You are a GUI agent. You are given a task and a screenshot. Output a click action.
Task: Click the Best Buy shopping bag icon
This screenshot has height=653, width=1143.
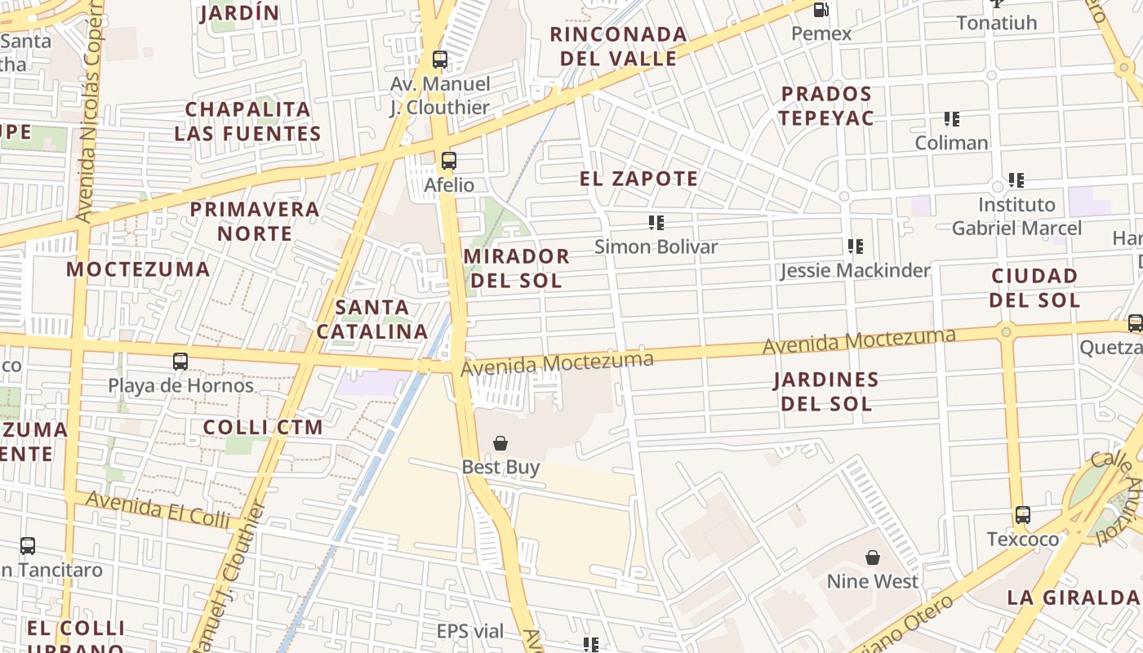500,443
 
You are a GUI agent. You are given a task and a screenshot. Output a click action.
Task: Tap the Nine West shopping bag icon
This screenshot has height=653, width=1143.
873,557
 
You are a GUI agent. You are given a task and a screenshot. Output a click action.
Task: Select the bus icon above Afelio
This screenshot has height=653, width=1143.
448,161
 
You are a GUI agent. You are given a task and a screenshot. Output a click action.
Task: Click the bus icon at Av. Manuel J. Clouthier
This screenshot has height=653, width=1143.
440,60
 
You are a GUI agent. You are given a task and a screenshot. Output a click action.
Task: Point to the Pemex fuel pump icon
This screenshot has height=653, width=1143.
821,10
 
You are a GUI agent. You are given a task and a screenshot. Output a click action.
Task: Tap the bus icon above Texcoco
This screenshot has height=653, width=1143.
1023,515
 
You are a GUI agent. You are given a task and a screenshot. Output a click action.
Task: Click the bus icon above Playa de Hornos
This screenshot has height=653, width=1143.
180,361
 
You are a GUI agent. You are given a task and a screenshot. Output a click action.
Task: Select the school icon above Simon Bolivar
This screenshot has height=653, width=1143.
656,222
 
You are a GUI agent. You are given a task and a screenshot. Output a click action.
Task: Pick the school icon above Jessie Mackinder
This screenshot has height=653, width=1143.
855,246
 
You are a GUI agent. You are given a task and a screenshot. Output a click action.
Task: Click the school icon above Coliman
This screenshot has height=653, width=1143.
951,119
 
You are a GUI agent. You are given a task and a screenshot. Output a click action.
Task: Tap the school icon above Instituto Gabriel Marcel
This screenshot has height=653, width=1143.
1016,180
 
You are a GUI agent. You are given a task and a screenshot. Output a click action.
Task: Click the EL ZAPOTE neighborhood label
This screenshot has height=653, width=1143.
638,179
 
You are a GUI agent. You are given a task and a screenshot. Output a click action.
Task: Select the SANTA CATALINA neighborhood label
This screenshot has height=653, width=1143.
372,319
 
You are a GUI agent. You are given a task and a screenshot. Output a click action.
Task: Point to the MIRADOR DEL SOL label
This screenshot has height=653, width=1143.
516,268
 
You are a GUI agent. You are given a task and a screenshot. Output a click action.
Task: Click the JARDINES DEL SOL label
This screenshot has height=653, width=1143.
826,391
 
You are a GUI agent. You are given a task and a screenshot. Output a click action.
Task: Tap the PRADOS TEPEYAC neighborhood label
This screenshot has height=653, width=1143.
825,105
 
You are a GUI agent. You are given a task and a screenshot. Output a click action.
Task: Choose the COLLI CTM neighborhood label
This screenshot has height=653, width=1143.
263,427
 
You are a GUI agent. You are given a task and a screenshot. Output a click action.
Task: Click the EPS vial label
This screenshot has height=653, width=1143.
469,631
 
